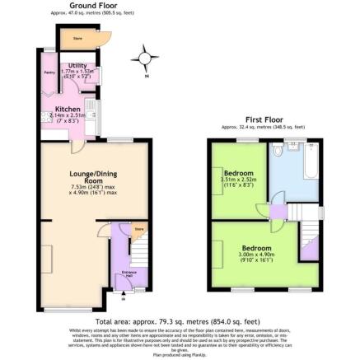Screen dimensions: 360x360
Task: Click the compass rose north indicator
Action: pyautogui.click(x=146, y=58)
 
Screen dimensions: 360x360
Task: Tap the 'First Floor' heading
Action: pyautogui.click(x=263, y=120)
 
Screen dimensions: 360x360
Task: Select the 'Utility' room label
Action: pyautogui.click(x=78, y=65)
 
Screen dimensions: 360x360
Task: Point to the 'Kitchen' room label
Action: pyautogui.click(x=68, y=109)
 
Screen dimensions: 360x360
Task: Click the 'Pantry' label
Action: pyautogui.click(x=46, y=72)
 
